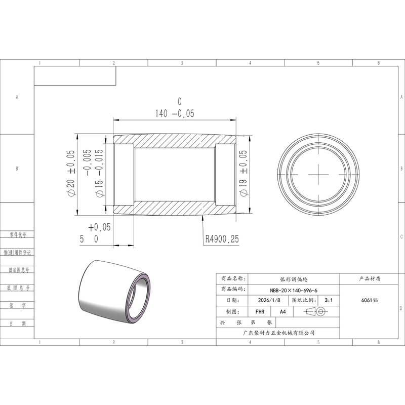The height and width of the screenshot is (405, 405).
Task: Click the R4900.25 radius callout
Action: click(222, 239)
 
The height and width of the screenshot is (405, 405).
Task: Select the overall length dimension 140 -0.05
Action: click(175, 113)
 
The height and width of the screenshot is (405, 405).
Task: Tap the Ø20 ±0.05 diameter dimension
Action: click(71, 174)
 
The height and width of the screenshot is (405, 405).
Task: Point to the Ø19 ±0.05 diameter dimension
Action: click(244, 174)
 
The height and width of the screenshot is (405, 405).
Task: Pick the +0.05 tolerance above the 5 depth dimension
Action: click(99, 227)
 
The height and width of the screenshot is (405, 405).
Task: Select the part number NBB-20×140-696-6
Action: click(294, 290)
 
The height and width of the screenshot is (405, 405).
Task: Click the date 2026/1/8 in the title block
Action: click(269, 300)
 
